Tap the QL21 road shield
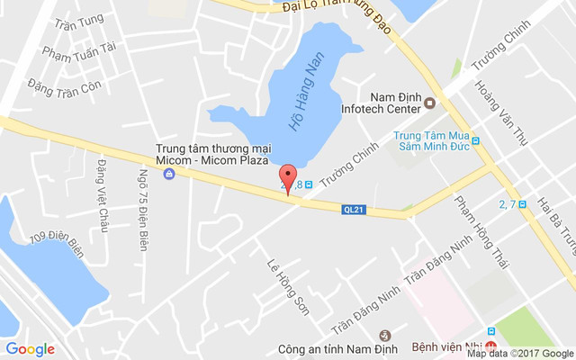(x=355, y=210)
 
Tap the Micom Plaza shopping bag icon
(x=168, y=173)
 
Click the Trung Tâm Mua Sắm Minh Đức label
(x=432, y=143)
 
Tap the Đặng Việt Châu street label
(x=102, y=196)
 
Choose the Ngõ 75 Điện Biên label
(x=142, y=209)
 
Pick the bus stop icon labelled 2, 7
(x=522, y=205)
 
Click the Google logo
(x=31, y=349)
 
